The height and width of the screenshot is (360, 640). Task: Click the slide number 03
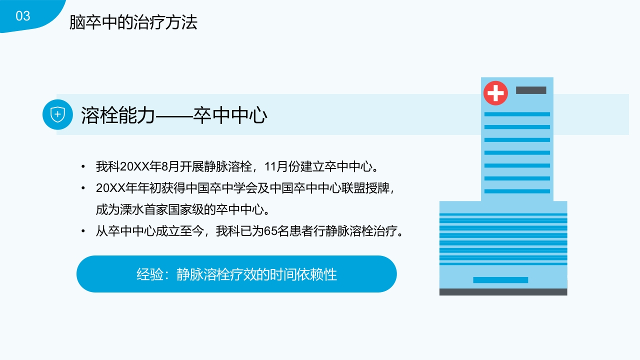pos(23,16)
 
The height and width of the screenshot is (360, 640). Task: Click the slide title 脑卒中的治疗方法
pos(133,22)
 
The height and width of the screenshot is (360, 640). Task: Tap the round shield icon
pos(58,114)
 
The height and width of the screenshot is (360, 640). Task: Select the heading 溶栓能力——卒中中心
pos(174,115)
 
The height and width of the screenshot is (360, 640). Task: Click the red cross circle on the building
pos(495,93)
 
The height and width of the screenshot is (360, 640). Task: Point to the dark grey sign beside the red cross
pos(531,90)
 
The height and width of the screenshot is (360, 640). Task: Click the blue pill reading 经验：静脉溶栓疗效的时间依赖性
pos(236,274)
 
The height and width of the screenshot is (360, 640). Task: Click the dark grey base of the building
pos(503,292)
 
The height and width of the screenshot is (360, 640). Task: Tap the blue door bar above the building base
pos(500,280)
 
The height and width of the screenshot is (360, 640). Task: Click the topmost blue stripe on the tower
pos(517,114)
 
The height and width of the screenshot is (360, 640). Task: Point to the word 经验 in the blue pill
pos(149,274)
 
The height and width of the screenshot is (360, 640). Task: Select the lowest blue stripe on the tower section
pos(517,191)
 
